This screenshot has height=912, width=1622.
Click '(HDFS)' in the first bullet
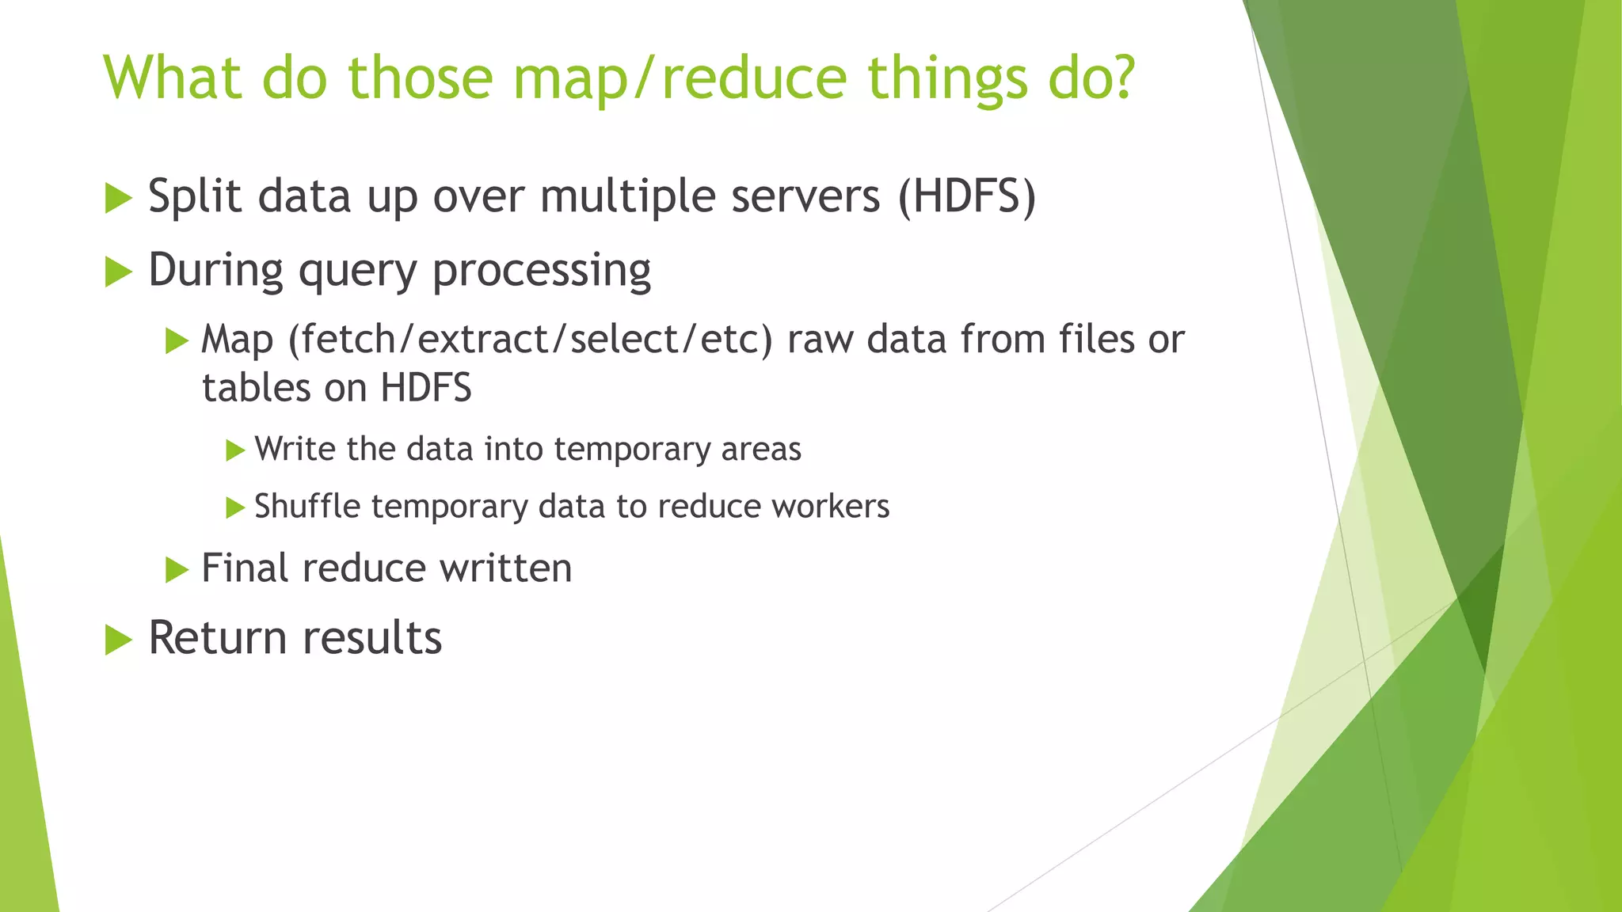[966, 196]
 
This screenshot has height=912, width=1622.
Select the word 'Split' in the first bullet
[194, 196]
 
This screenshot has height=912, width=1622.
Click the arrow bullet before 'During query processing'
[118, 272]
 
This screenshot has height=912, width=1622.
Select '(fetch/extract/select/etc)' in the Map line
[530, 340]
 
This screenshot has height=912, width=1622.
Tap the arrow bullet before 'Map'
[177, 342]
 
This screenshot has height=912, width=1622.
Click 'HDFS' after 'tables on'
[425, 389]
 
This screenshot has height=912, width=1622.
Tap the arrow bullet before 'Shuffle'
[235, 507]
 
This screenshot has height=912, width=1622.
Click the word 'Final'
[245, 568]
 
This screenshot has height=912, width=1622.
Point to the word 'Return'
[217, 638]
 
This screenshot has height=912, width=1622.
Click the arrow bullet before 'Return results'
[118, 640]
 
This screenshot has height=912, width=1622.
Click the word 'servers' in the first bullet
[805, 196]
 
